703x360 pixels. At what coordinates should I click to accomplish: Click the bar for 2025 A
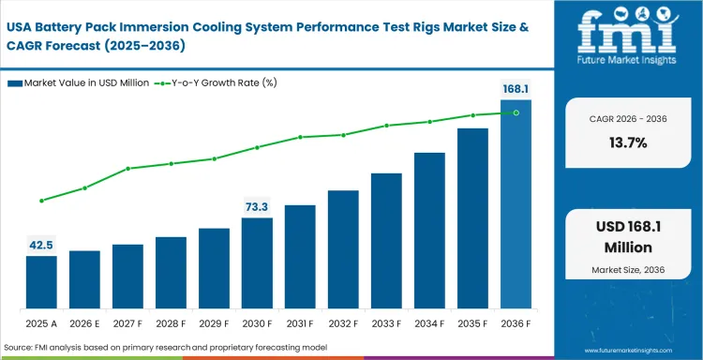[x=41, y=282]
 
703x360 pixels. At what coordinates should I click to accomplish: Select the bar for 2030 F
[x=257, y=263]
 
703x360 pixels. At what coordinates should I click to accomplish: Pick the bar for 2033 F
[x=386, y=241]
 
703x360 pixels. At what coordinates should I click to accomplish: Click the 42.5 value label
[x=41, y=245]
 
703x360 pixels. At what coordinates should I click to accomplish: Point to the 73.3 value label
[x=257, y=206]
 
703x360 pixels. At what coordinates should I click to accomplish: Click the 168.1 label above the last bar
[x=516, y=89]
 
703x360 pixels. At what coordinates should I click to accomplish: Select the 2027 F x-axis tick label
[x=127, y=322]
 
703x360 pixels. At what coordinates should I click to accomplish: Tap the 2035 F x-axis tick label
[x=472, y=322]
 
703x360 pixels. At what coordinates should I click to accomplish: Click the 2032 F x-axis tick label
[x=343, y=322]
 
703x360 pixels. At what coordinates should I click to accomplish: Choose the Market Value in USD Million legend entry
[x=79, y=83]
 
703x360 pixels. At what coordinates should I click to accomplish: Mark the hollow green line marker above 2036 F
[x=516, y=112]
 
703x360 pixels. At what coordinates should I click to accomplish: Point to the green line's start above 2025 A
[x=41, y=201]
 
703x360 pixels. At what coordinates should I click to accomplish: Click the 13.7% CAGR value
[x=627, y=142]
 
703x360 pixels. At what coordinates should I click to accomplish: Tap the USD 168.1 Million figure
[x=627, y=237]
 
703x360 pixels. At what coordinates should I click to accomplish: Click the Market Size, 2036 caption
[x=627, y=270]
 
